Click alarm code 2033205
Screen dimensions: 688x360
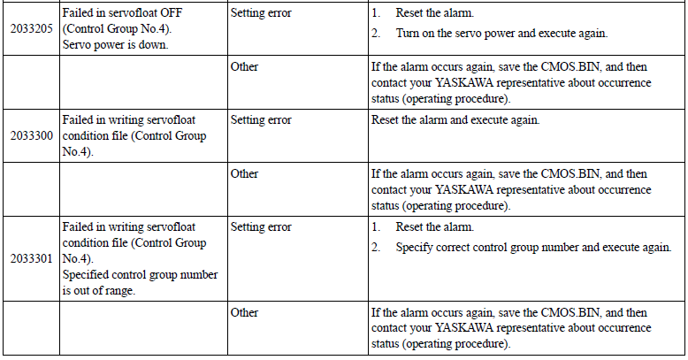coord(32,29)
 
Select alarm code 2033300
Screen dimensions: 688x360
coord(32,135)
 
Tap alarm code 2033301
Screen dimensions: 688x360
coord(32,258)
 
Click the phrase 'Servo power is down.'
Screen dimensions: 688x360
coord(115,45)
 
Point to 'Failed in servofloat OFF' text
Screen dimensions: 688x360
coord(122,12)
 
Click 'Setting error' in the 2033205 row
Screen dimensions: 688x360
coord(261,13)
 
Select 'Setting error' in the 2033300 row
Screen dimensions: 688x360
coord(261,120)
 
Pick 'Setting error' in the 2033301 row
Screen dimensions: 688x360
coord(261,227)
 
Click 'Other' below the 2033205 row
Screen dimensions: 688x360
coord(244,66)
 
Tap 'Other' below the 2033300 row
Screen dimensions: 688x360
coord(244,174)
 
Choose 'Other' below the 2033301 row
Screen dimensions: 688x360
coord(244,312)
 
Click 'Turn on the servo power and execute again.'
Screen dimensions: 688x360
coord(501,34)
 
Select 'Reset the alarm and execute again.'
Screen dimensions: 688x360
coord(455,120)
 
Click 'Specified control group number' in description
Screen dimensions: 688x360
coord(140,275)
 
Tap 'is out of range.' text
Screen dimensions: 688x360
coord(98,291)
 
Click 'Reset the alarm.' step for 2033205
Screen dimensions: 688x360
coord(435,13)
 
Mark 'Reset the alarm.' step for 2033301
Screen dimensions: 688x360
coord(435,227)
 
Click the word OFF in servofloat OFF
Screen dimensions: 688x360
coord(172,12)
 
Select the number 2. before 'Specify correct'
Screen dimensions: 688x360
coord(376,248)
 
